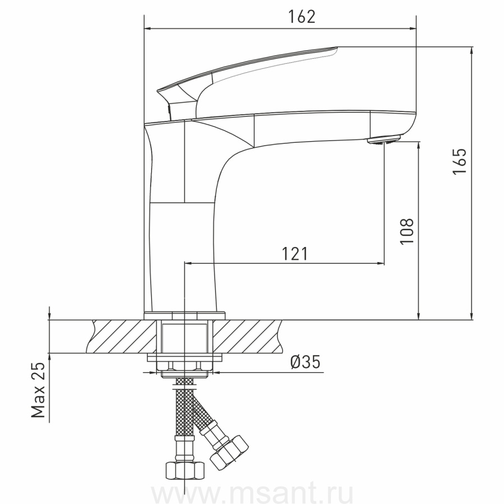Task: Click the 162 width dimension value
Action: pyautogui.click(x=302, y=17)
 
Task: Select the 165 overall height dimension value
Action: pyautogui.click(x=459, y=161)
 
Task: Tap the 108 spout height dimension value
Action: pyautogui.click(x=407, y=231)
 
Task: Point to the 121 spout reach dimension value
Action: pyautogui.click(x=295, y=254)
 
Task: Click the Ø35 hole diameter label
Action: pyautogui.click(x=305, y=362)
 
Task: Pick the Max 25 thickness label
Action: pyautogui.click(x=38, y=389)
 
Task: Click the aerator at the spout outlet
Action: pyautogui.click(x=384, y=141)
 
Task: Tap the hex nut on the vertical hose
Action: pyautogui.click(x=185, y=470)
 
